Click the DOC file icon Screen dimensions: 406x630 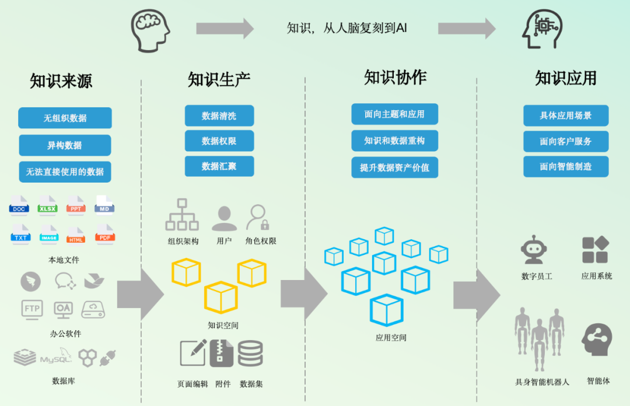tap(19, 205)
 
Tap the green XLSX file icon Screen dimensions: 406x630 tap(47, 205)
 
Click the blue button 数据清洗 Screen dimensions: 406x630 tap(219, 116)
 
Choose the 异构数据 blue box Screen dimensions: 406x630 tap(65, 145)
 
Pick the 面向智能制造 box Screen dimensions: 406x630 tap(565, 166)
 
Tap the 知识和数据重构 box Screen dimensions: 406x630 tap(394, 141)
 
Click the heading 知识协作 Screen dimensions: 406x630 tap(395, 78)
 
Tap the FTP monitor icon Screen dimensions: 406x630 tap(32, 308)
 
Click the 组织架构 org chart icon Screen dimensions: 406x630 tap(182, 215)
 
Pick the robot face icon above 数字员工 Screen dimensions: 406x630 tap(534, 250)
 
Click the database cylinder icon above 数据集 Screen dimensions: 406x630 tap(250, 353)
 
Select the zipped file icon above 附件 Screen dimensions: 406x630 tap(222, 353)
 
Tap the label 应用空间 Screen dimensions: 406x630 tap(391, 338)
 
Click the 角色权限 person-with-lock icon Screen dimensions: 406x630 tap(257, 217)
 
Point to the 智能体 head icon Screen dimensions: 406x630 tap(597, 339)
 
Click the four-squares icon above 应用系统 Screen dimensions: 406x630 tap(595, 250)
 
